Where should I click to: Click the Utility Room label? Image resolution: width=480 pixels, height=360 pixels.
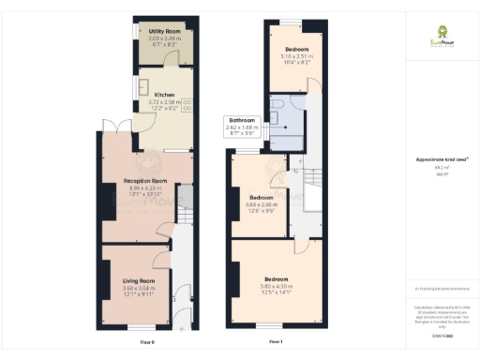[164, 31]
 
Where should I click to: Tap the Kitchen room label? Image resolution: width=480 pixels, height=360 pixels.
[164, 95]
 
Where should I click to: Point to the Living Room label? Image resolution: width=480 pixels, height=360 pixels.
[137, 279]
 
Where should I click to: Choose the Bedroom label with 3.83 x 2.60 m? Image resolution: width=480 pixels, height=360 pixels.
[261, 198]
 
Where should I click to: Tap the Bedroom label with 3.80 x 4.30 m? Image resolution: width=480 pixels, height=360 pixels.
[276, 279]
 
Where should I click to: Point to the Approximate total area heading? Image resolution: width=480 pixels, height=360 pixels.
[442, 159]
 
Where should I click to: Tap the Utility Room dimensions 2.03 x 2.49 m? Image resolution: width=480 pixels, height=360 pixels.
[164, 38]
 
